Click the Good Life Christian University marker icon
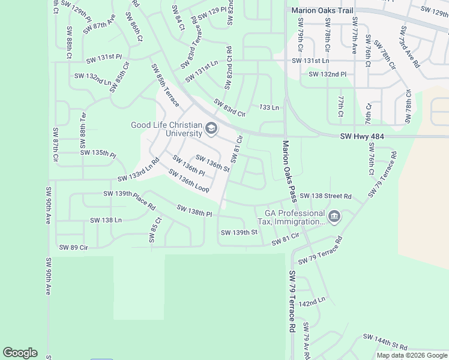pyautogui.click(x=211, y=128)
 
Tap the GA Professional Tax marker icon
pyautogui.click(x=334, y=215)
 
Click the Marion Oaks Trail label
pyautogui.click(x=322, y=10)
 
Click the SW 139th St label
pyautogui.click(x=238, y=232)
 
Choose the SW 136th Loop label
pyautogui.click(x=188, y=181)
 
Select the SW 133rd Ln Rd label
pyautogui.click(x=139, y=170)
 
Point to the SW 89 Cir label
pyautogui.click(x=73, y=247)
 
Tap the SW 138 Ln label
pyautogui.click(x=106, y=220)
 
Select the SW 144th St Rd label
pyautogui.click(x=385, y=343)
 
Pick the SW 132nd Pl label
pyautogui.click(x=327, y=74)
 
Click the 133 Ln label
pyautogui.click(x=269, y=107)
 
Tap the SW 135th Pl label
pyautogui.click(x=98, y=154)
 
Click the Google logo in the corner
pyautogui.click(x=20, y=353)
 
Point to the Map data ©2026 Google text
pyautogui.click(x=412, y=355)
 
